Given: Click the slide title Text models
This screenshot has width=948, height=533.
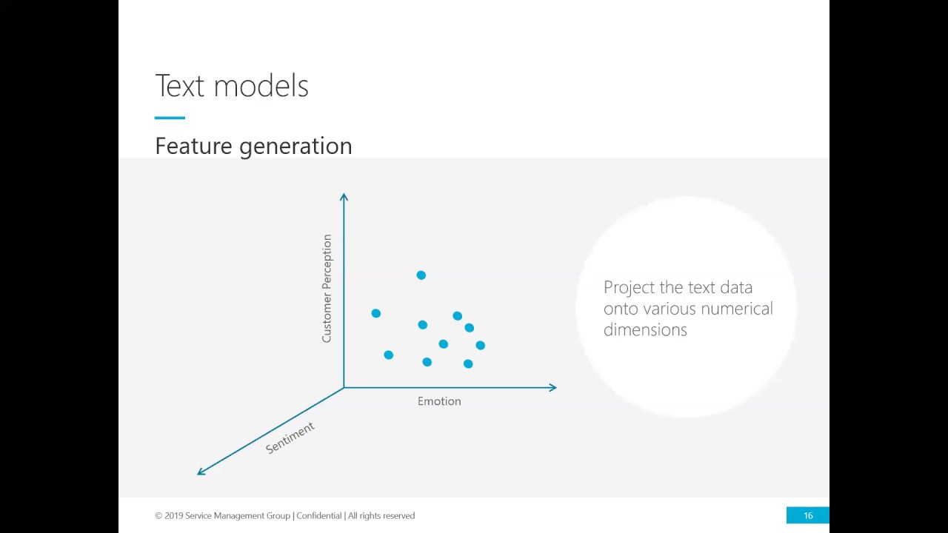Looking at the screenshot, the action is point(232,85).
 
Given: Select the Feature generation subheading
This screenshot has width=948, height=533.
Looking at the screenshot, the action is point(253,147).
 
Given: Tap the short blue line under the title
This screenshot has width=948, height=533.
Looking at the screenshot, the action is point(170,118).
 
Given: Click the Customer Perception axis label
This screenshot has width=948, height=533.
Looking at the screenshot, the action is point(327,288).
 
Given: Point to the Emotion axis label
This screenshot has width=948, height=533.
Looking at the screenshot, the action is point(439,401).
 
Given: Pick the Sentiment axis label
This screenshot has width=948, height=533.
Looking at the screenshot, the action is point(290,438).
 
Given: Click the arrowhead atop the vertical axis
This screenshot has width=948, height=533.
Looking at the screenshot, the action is point(344,196).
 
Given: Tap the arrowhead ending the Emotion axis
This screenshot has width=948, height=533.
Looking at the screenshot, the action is point(553,387).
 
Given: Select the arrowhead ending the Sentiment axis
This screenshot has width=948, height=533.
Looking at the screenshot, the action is point(201,472).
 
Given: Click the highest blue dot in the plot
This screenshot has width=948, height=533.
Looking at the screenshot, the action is point(421,275).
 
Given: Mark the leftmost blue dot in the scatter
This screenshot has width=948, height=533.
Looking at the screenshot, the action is point(375,313).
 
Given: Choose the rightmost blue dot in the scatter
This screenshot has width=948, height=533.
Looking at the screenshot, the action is point(481,345).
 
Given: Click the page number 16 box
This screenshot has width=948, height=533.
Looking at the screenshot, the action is point(807,515).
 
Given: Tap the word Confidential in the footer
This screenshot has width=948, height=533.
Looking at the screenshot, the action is point(318,516).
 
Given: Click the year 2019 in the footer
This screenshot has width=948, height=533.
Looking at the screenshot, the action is point(173,516).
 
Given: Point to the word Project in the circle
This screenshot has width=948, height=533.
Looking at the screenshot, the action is point(630,288).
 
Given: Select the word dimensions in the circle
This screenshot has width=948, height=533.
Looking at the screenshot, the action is point(645,329).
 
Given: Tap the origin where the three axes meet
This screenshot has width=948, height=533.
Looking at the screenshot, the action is point(344,387).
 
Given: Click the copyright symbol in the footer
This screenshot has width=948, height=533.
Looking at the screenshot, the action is point(158,516).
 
